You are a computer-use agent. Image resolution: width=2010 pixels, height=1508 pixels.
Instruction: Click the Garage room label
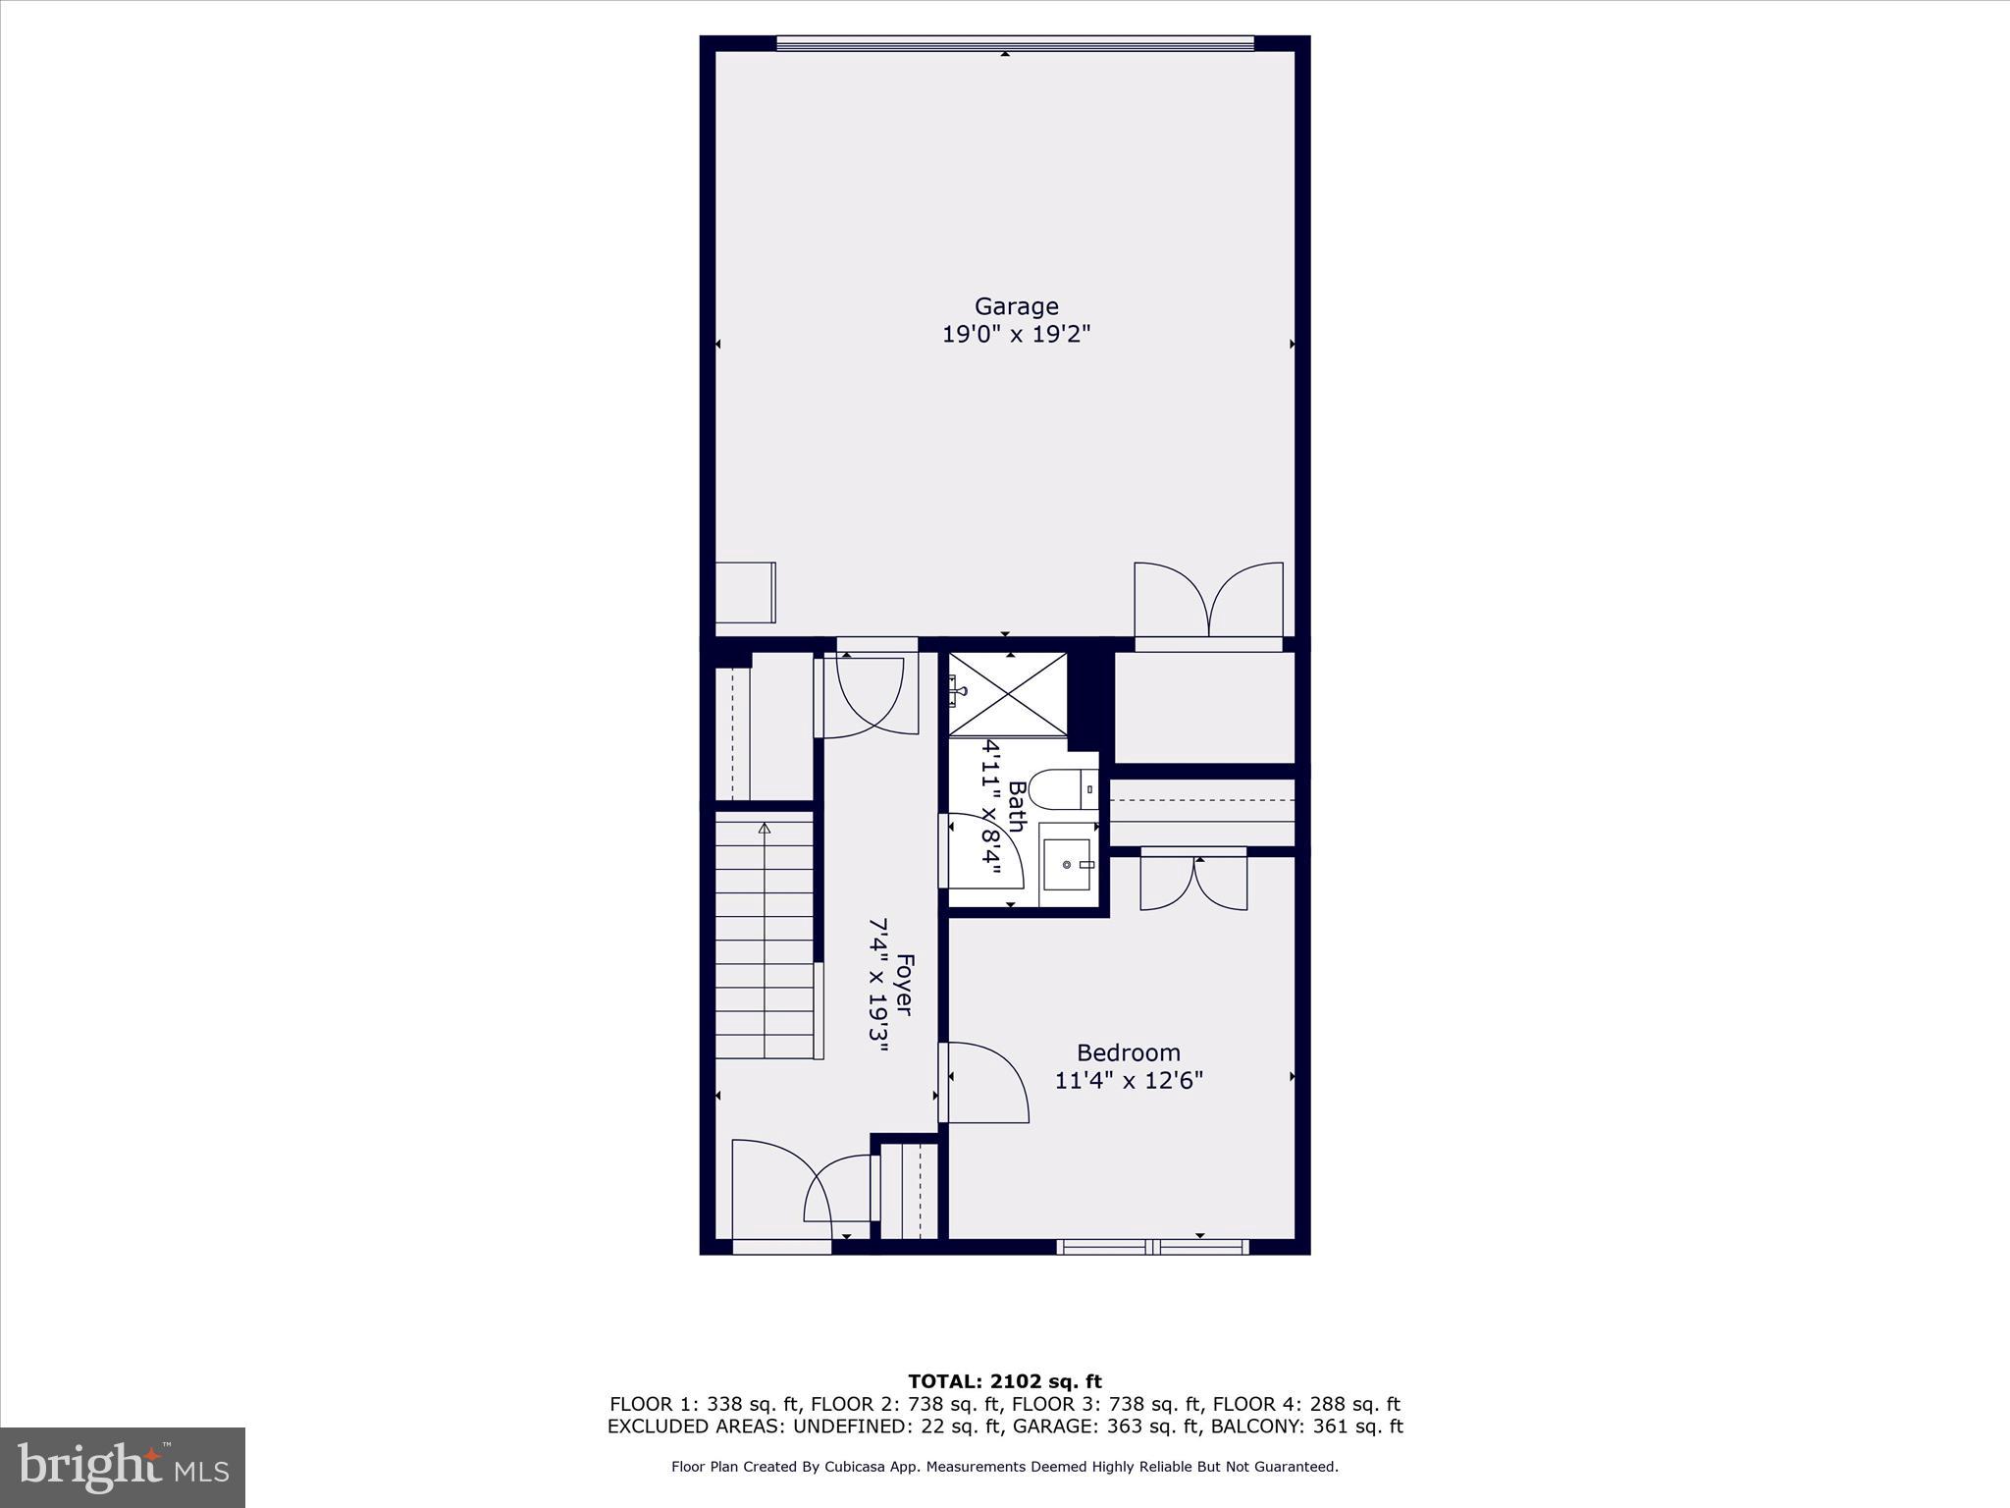[1016, 306]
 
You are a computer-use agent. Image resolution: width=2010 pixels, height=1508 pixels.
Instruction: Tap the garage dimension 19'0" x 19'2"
[1016, 335]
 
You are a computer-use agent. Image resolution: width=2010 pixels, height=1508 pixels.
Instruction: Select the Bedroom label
[1128, 1052]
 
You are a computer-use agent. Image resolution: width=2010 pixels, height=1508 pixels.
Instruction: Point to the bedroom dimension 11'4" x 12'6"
[1128, 1081]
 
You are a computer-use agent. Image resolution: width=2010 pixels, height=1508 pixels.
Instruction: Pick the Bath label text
[1017, 806]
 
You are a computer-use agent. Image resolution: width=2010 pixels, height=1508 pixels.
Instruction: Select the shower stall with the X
[1008, 693]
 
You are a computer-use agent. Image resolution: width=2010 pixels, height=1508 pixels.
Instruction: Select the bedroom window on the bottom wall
[1152, 1247]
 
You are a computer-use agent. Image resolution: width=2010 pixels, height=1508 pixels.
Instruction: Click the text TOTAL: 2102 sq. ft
[1004, 1382]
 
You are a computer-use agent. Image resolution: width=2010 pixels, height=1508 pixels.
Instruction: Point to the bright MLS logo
[123, 1468]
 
